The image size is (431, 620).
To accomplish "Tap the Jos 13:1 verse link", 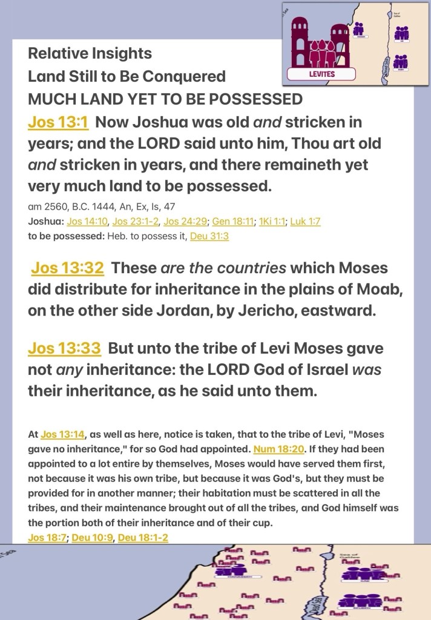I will coord(58,122).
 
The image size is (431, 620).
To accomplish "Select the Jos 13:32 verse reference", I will coord(67,268).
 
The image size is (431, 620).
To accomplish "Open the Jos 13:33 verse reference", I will coord(64,349).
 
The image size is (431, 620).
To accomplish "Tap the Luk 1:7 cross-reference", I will coord(305,222).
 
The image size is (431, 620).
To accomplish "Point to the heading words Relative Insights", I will coord(90,53).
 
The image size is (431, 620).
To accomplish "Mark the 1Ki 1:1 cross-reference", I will coord(271,222).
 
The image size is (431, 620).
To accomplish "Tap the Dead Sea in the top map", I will coord(386,64).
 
